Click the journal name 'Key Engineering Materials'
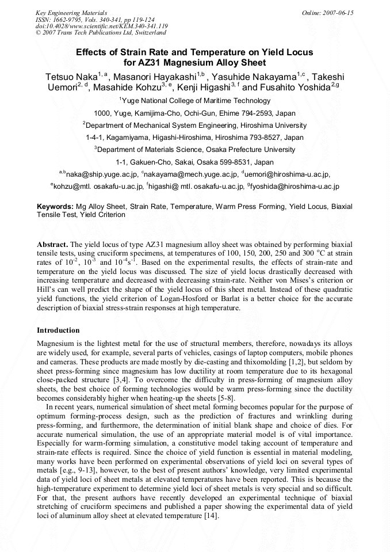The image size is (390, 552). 71,13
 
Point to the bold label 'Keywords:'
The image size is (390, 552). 55,206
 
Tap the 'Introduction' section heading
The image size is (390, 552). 58,330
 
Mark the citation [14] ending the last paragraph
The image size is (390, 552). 210,515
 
